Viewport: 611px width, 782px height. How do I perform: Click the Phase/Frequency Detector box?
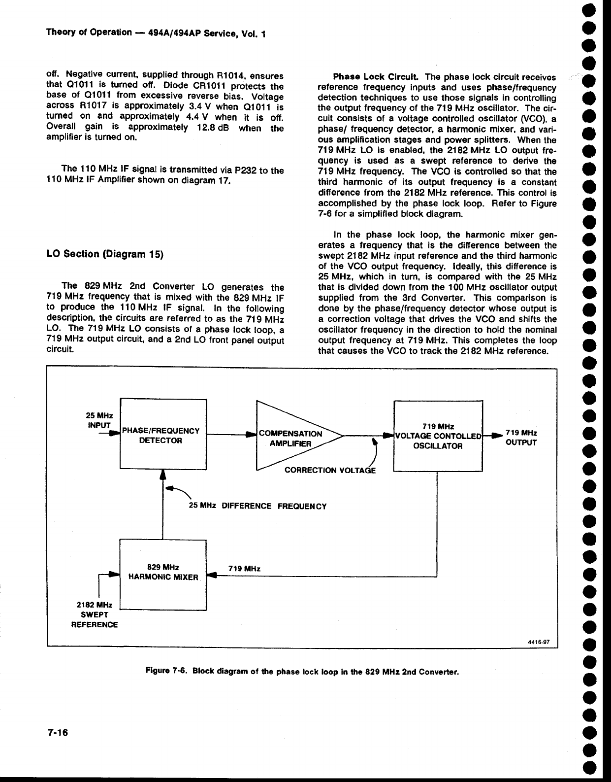tap(162, 435)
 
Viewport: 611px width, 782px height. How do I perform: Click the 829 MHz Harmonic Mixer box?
tap(162, 575)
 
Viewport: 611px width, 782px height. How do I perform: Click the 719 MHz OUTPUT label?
tap(521, 438)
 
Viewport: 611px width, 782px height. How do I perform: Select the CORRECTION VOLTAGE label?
tap(330, 471)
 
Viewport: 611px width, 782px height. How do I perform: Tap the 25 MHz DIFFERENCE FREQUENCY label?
tap(258, 506)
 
